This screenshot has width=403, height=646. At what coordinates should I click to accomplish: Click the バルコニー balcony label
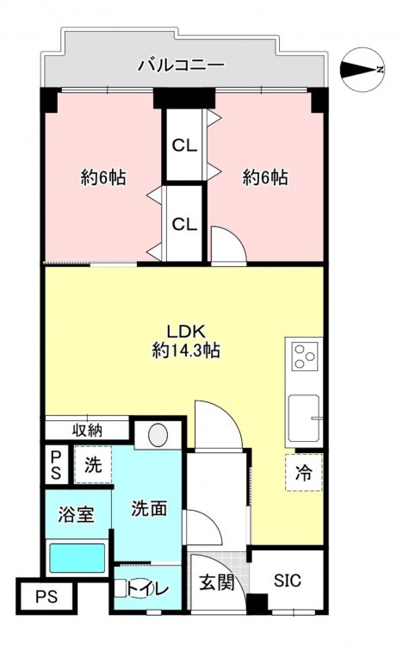(182, 65)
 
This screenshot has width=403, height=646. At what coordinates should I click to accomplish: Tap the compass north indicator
(363, 69)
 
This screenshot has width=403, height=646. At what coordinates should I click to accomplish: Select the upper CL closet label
(184, 146)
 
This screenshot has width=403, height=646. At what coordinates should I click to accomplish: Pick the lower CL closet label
(184, 224)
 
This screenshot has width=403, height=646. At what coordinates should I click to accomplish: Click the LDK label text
(186, 331)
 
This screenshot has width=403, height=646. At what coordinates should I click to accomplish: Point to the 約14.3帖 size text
(186, 351)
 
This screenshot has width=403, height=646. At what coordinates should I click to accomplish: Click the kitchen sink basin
(304, 418)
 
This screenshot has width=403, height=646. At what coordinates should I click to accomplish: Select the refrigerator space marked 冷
(304, 473)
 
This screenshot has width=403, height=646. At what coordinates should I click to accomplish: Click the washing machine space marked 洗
(93, 465)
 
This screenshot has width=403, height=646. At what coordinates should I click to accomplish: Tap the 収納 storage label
(87, 431)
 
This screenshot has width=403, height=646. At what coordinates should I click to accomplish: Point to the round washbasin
(158, 435)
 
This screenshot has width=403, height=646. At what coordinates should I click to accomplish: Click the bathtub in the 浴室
(77, 558)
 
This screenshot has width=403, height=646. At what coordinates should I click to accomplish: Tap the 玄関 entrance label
(217, 582)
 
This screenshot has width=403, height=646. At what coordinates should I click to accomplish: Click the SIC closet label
(288, 581)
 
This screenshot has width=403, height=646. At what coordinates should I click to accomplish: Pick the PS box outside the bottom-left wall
(46, 597)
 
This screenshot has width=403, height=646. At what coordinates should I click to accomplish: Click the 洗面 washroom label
(149, 509)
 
